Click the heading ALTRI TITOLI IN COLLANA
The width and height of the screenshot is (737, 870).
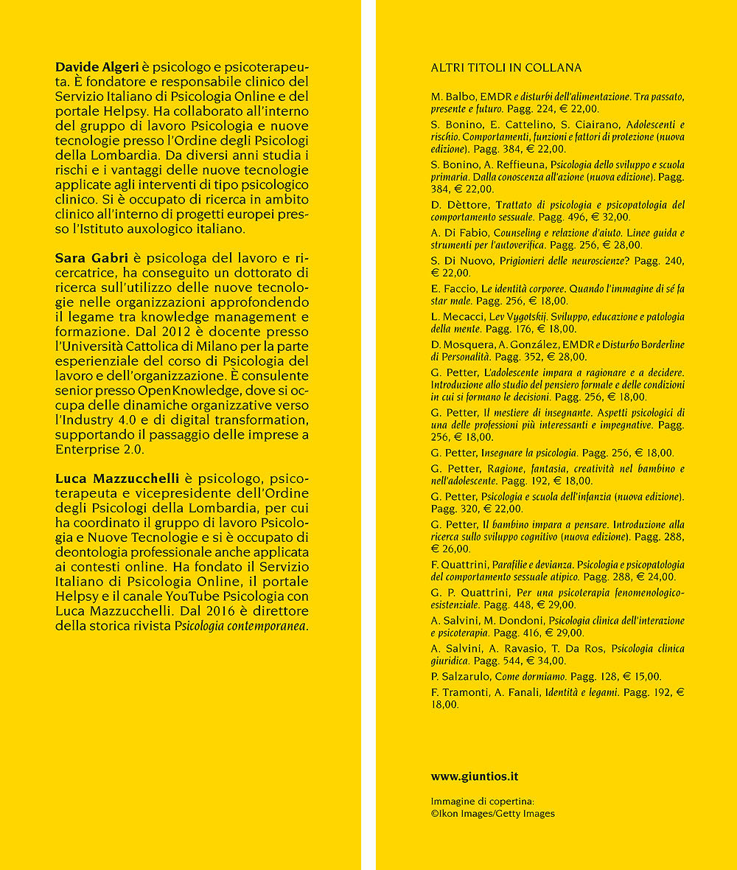[x=506, y=68]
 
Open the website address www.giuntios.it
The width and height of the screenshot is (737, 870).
[x=475, y=776]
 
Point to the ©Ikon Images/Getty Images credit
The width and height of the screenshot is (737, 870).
[x=492, y=813]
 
